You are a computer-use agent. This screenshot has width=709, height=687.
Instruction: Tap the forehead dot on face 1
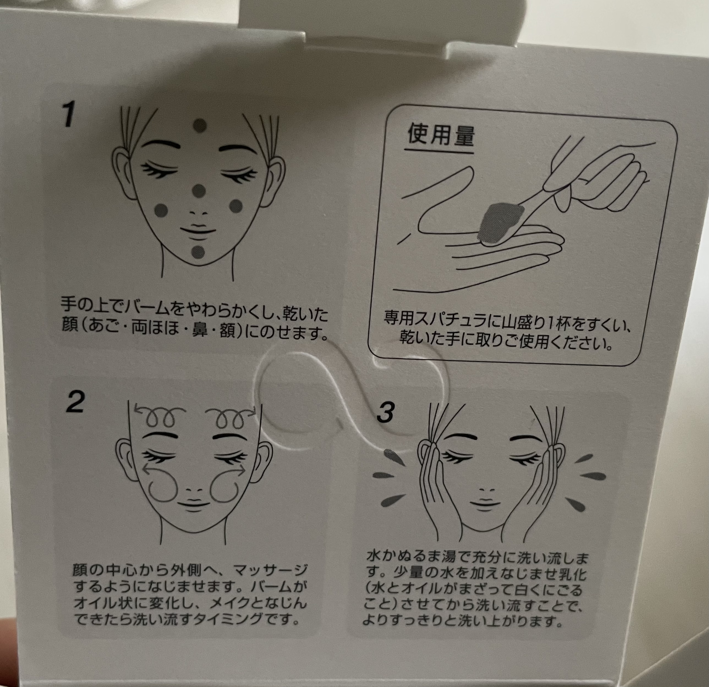click(200, 126)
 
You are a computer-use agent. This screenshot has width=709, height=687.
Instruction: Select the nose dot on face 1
click(198, 191)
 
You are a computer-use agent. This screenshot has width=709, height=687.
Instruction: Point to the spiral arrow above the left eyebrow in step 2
click(159, 415)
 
